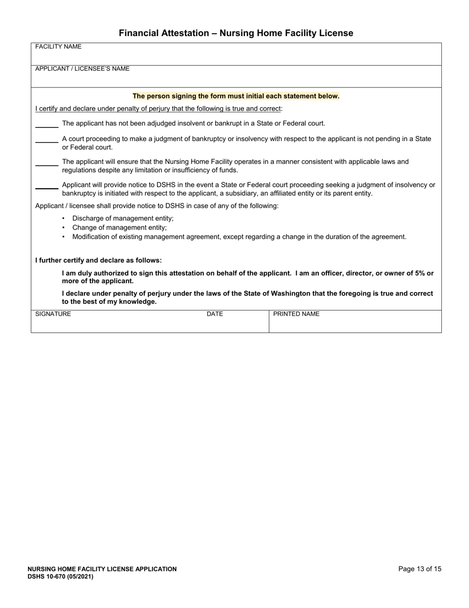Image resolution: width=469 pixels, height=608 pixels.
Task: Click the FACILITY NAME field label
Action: tap(58, 47)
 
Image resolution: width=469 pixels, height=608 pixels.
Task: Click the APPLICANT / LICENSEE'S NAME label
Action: tap(82, 69)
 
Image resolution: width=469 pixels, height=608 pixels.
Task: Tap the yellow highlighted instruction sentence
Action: tap(236, 96)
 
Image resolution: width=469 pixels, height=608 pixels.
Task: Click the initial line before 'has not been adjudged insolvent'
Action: tap(47, 126)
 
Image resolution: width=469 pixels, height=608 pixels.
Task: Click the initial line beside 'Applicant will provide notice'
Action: tap(47, 187)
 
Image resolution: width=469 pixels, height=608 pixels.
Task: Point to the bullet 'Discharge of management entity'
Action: tap(123, 218)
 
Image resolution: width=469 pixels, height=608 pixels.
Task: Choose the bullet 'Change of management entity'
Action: tap(119, 227)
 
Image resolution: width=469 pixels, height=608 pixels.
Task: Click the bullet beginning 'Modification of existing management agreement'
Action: tap(239, 237)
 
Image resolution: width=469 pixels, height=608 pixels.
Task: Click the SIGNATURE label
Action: tap(53, 314)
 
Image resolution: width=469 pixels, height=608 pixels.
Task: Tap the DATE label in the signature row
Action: tap(215, 314)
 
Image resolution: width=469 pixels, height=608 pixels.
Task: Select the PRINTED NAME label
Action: tap(296, 314)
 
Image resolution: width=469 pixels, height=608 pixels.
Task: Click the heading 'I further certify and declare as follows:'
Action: tap(98, 260)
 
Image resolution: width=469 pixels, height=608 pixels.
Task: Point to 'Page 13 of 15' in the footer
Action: tap(420, 569)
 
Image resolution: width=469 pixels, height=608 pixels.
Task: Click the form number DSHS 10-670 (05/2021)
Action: tap(60, 576)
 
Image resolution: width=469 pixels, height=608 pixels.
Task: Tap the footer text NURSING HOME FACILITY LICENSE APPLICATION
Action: tap(102, 569)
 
